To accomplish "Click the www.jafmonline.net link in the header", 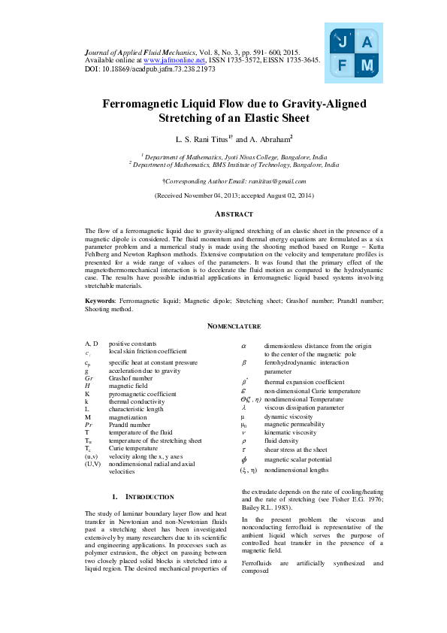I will click(x=174, y=59).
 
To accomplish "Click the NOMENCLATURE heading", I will click(x=234, y=326).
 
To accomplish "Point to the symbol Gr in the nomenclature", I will click(x=89, y=378).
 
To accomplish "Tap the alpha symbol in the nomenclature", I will click(x=243, y=345).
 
